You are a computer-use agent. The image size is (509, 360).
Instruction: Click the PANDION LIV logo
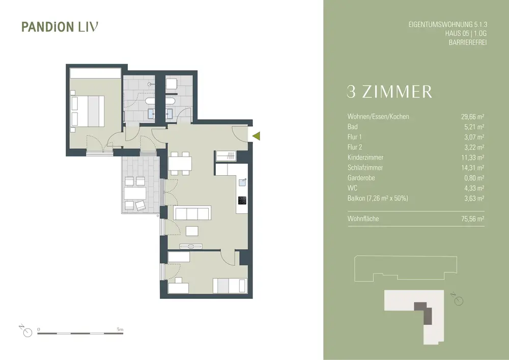tap(60, 26)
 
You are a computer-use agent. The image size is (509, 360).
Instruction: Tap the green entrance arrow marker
tap(257, 136)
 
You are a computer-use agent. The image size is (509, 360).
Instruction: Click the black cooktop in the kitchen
tap(242, 200)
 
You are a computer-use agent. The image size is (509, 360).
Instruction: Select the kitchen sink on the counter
tap(242, 182)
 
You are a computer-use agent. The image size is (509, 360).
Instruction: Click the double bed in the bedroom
tap(88, 111)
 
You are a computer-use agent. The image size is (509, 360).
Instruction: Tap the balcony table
tap(135, 193)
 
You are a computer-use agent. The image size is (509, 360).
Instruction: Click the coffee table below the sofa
tap(192, 231)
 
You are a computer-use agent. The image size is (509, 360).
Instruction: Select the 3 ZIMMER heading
tap(389, 92)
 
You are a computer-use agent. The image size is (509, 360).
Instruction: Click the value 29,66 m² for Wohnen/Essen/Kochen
tap(473, 117)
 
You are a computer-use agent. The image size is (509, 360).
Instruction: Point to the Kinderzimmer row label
tap(365, 157)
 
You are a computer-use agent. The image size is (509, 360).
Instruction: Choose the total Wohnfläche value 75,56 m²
tap(473, 219)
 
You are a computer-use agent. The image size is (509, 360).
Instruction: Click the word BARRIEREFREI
tap(468, 43)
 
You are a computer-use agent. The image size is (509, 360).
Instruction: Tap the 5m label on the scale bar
tap(120, 329)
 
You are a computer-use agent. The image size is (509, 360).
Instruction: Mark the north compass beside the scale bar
tap(26, 331)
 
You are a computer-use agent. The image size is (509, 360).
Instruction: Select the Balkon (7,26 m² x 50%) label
tap(378, 198)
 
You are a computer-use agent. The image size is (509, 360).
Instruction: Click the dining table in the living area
tap(180, 163)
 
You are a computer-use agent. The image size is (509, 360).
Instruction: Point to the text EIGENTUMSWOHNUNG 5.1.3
tap(448, 24)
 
